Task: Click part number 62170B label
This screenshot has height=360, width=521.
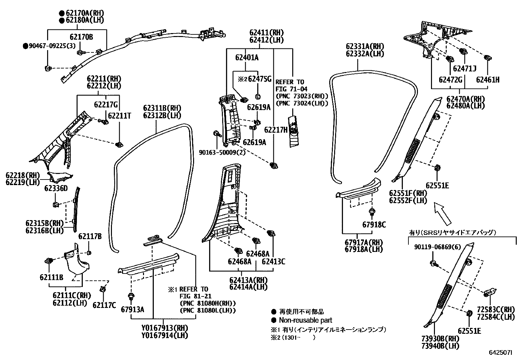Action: [x=81, y=37]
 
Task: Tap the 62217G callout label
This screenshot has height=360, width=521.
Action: [x=105, y=105]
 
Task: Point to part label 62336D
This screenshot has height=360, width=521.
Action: [x=56, y=188]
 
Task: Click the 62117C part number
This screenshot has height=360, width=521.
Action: [x=104, y=305]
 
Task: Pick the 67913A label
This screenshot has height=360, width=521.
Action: [x=132, y=310]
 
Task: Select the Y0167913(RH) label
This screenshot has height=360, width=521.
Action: [x=165, y=328]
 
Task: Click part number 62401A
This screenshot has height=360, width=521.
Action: [x=247, y=58]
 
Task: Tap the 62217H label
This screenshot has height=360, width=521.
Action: [x=276, y=130]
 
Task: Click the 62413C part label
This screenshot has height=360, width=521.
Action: [x=273, y=261]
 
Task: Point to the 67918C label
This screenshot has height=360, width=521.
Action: [x=374, y=225]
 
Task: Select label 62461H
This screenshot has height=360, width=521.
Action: [x=488, y=79]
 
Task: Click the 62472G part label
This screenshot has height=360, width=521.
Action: [x=450, y=79]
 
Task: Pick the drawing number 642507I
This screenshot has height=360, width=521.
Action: [x=500, y=353]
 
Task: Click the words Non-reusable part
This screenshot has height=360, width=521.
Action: [x=305, y=320]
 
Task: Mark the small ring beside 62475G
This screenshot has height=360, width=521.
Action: [x=257, y=96]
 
